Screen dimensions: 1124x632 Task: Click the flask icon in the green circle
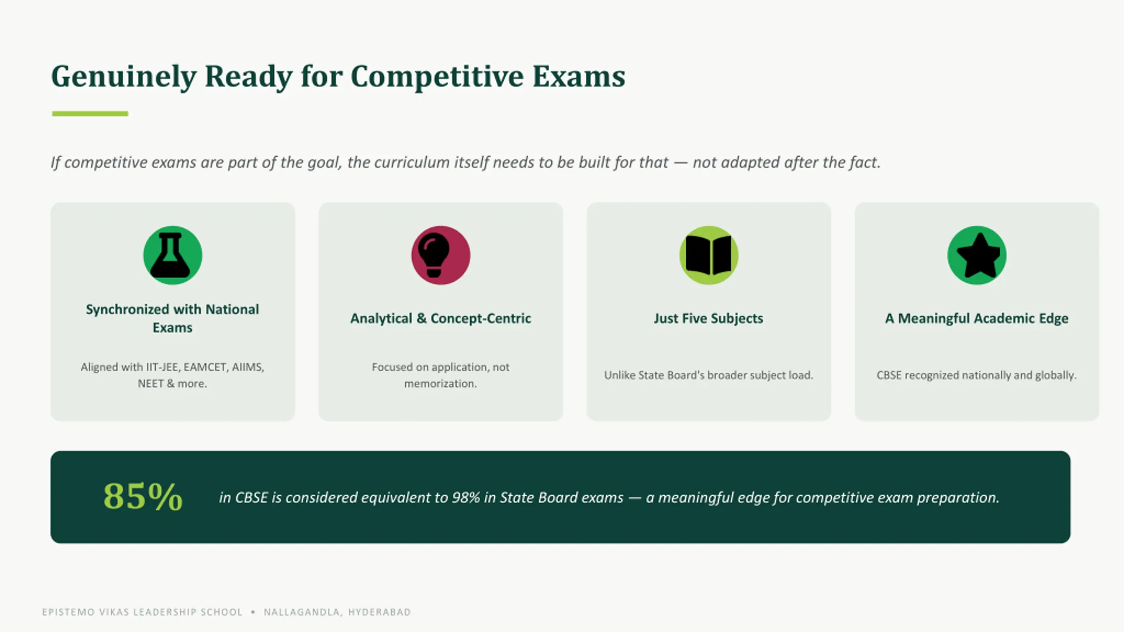tap(173, 255)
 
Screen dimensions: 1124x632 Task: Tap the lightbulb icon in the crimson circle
tap(434, 255)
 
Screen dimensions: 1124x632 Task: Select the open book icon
tap(709, 255)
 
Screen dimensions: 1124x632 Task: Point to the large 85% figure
tap(143, 496)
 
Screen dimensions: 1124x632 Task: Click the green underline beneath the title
tap(90, 114)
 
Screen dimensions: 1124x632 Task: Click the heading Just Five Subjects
tap(709, 318)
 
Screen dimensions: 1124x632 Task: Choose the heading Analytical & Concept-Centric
tap(441, 318)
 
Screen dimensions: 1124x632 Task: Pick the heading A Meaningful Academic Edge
tap(977, 318)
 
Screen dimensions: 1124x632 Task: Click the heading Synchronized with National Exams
tap(173, 318)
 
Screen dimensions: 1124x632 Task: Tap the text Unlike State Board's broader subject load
tap(709, 375)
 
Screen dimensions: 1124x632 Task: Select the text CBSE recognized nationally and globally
tap(977, 375)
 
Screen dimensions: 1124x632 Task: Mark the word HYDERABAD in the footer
tap(380, 612)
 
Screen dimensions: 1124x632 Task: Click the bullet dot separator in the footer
tap(253, 612)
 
